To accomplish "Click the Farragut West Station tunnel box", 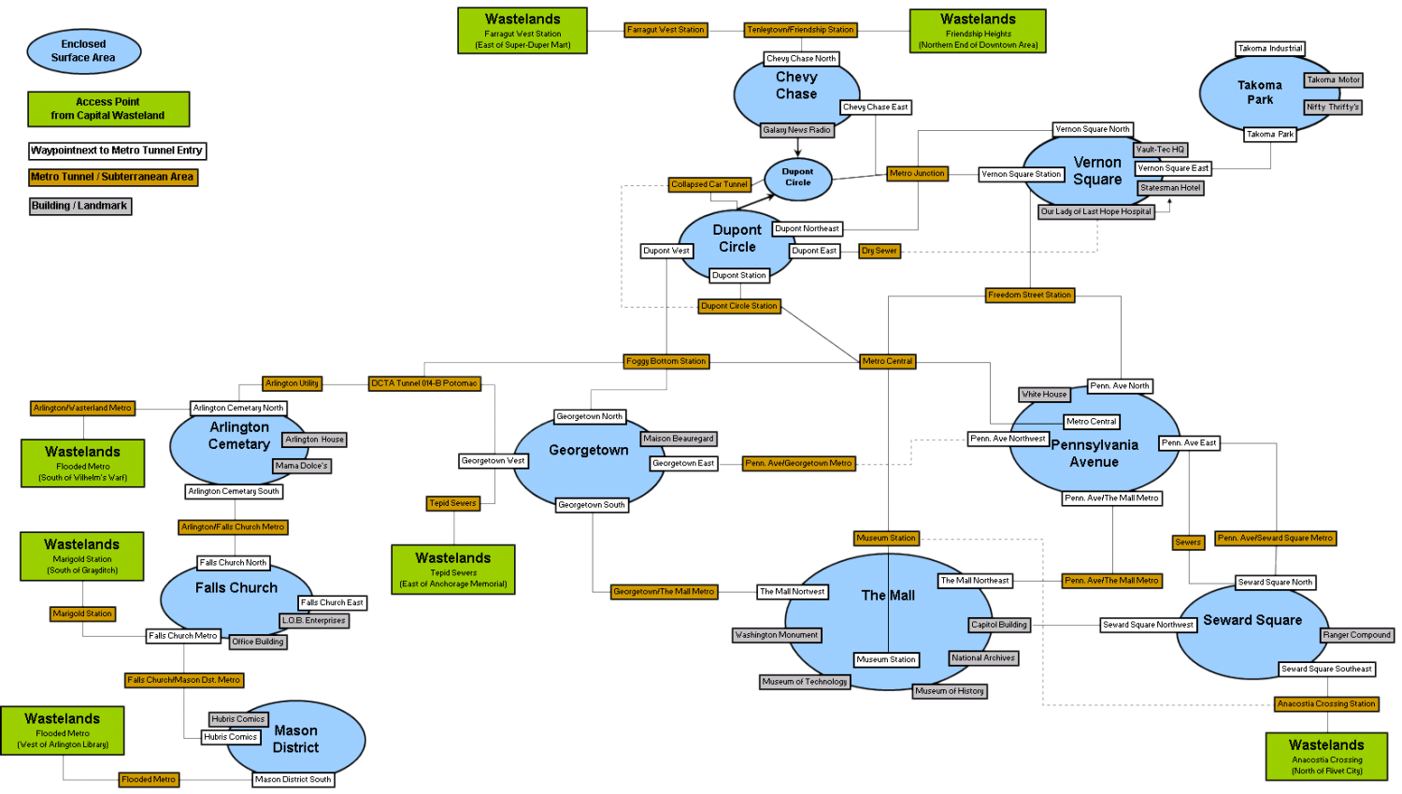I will click(665, 30).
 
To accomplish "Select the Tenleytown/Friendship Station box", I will click(800, 30).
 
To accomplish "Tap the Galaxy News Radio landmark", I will click(796, 130).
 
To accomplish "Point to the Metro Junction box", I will click(917, 173).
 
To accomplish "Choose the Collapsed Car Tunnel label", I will click(709, 184).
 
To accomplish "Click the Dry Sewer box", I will click(880, 251).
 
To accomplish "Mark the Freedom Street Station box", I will click(1029, 295).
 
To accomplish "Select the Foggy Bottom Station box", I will click(665, 361).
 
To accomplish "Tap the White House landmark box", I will click(1044, 395).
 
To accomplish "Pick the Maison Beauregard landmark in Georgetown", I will click(679, 439).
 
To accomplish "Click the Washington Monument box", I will click(777, 635).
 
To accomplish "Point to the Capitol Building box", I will click(999, 625).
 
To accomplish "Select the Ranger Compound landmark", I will click(1357, 635).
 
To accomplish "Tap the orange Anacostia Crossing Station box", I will click(1326, 704).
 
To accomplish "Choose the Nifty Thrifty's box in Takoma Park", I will click(1333, 107).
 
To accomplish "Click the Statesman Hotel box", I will click(1170, 188).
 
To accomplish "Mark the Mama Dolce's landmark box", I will click(302, 466).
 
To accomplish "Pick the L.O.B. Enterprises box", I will click(314, 620).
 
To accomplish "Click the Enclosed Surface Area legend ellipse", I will click(84, 51).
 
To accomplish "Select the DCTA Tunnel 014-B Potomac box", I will click(424, 383).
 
